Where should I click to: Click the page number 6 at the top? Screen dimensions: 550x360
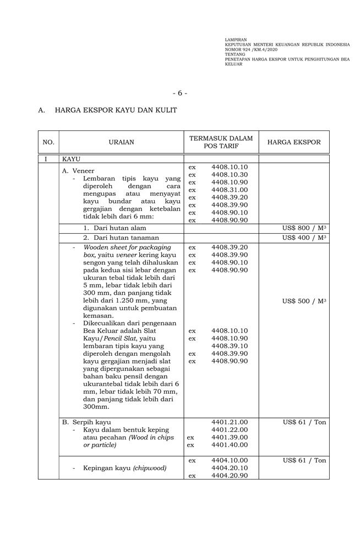tap(179, 93)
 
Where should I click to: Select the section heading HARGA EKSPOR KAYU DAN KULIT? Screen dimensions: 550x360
tap(116, 111)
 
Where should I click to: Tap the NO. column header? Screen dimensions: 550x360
tap(48, 142)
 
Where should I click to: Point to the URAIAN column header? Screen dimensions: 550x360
tap(121, 142)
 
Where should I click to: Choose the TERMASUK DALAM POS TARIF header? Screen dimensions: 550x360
tap(221, 142)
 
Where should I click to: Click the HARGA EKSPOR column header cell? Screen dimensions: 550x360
tap(294, 142)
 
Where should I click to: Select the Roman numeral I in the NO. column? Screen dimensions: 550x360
tap(46, 159)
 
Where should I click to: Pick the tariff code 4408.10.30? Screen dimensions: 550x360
tap(229, 174)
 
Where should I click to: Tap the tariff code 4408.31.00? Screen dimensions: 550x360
tap(229, 190)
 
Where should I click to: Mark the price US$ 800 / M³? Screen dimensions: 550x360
tap(304, 228)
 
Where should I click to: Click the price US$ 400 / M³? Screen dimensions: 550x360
tap(304, 238)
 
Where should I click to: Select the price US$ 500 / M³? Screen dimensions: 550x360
tap(304, 301)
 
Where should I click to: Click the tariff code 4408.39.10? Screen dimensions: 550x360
tap(229, 346)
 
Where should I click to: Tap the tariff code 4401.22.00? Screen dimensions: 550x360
tap(229, 430)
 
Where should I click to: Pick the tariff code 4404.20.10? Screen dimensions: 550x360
tap(229, 468)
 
